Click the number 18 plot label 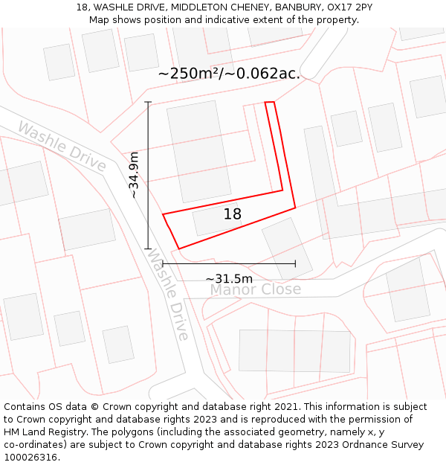pos(232,214)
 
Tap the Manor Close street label pos(255,289)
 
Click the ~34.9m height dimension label pos(133,175)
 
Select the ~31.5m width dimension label pos(229,278)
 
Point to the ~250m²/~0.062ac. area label pos(229,74)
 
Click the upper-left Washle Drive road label pos(62,146)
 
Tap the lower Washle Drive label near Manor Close pos(167,294)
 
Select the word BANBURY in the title pos(301,7)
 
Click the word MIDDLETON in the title pos(197,7)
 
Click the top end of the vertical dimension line pos(148,102)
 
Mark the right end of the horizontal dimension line pos(295,263)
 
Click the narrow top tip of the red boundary pos(270,103)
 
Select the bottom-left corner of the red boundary pos(179,248)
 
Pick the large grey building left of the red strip pos(198,150)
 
